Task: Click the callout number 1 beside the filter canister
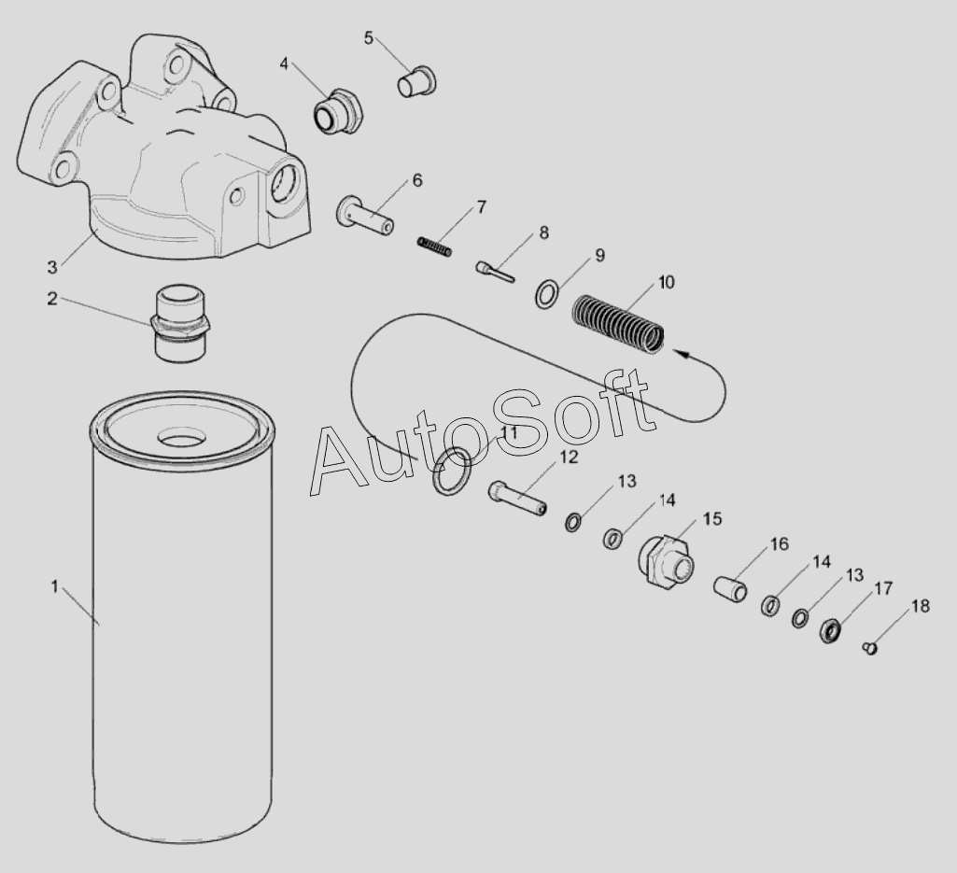[x=55, y=586]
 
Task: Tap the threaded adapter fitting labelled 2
[x=179, y=325]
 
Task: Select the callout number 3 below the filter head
[x=52, y=267]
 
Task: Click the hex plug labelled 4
[x=339, y=112]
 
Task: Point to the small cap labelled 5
[x=416, y=82]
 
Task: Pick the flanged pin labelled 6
[x=364, y=215]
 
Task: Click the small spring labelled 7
[x=434, y=246]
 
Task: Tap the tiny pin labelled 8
[x=495, y=273]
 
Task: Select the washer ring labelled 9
[x=546, y=294]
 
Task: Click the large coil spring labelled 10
[x=618, y=324]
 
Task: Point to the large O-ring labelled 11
[x=452, y=470]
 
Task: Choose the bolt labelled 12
[x=517, y=499]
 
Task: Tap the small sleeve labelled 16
[x=731, y=588]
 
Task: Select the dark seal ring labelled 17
[x=829, y=630]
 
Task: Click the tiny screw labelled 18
[x=871, y=648]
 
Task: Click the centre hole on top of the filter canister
[x=181, y=438]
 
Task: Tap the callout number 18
[x=921, y=606]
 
